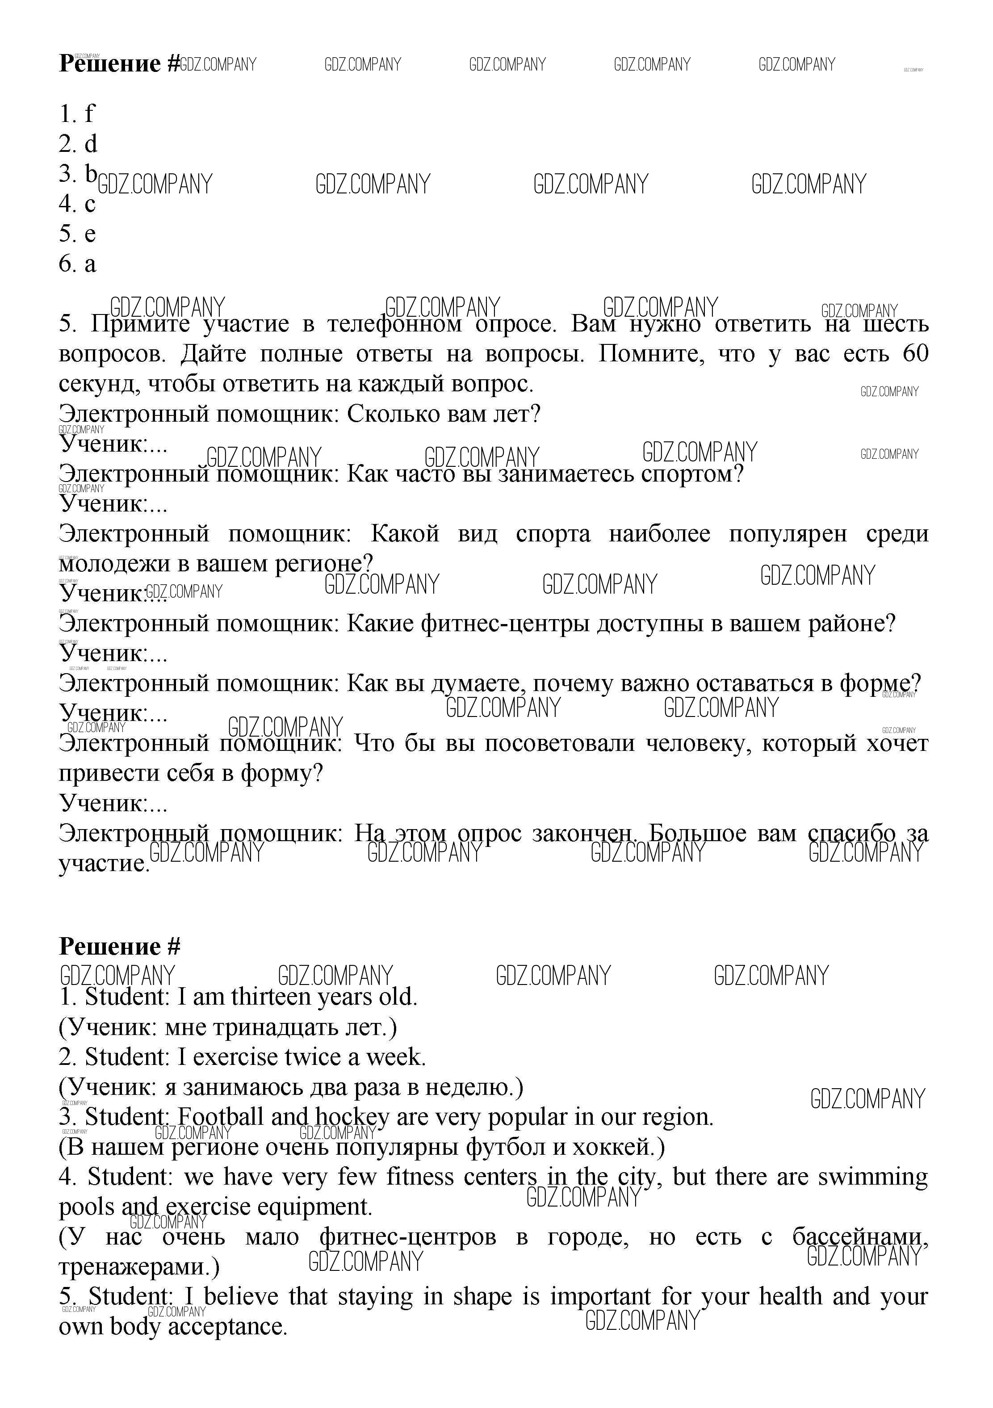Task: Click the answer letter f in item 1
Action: click(90, 113)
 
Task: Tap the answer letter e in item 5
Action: click(90, 234)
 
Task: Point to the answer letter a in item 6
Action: click(90, 264)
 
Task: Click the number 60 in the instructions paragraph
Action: click(916, 354)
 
